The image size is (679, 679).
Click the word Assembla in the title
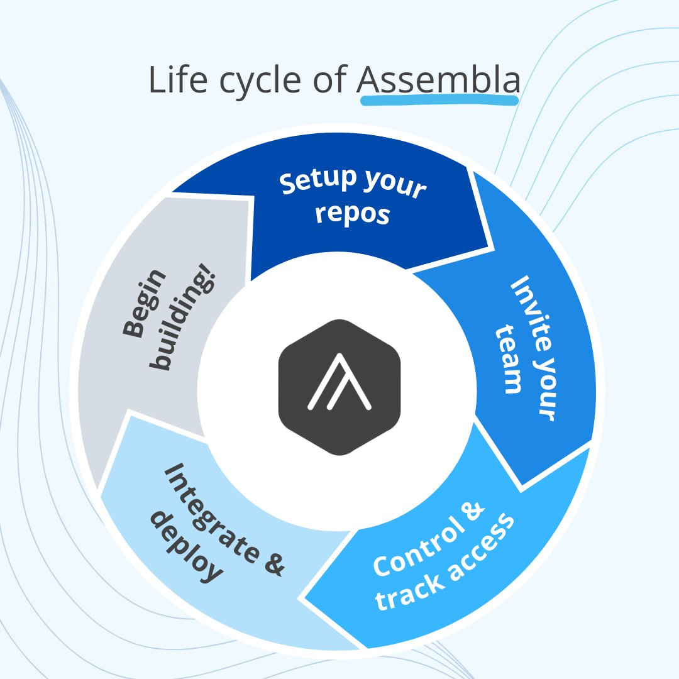[438, 80]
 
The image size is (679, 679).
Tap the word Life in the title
[174, 80]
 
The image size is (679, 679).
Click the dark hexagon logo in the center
[339, 387]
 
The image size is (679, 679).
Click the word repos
[353, 214]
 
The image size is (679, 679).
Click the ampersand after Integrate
[272, 563]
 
